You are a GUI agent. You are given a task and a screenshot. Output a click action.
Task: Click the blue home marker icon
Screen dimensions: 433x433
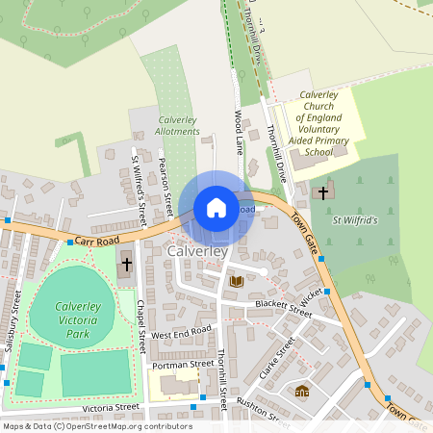click(216, 208)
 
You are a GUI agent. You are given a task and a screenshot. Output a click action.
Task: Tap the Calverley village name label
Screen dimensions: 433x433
click(196, 251)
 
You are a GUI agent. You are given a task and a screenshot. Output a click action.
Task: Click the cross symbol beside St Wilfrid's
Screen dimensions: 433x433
click(322, 192)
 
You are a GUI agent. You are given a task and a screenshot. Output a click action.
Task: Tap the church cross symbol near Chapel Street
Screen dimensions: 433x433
click(125, 263)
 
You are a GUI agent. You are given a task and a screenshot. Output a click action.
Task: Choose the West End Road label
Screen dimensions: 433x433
click(181, 332)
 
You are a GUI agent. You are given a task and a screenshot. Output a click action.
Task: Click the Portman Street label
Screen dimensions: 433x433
click(182, 364)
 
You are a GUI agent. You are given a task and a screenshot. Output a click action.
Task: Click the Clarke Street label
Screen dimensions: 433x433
click(276, 359)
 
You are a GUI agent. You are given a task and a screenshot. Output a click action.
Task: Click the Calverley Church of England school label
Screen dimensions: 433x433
click(324, 123)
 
